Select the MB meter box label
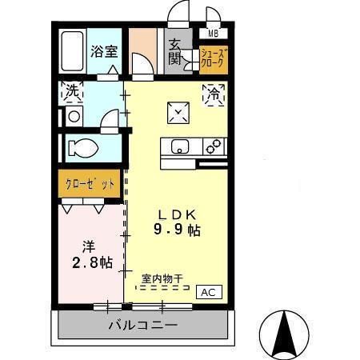click(214, 34)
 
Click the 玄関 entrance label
click(175, 51)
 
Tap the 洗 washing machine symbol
click(72, 92)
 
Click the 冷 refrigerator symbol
click(214, 93)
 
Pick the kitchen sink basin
click(178, 147)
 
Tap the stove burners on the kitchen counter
click(213, 147)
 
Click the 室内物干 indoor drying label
click(162, 278)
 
